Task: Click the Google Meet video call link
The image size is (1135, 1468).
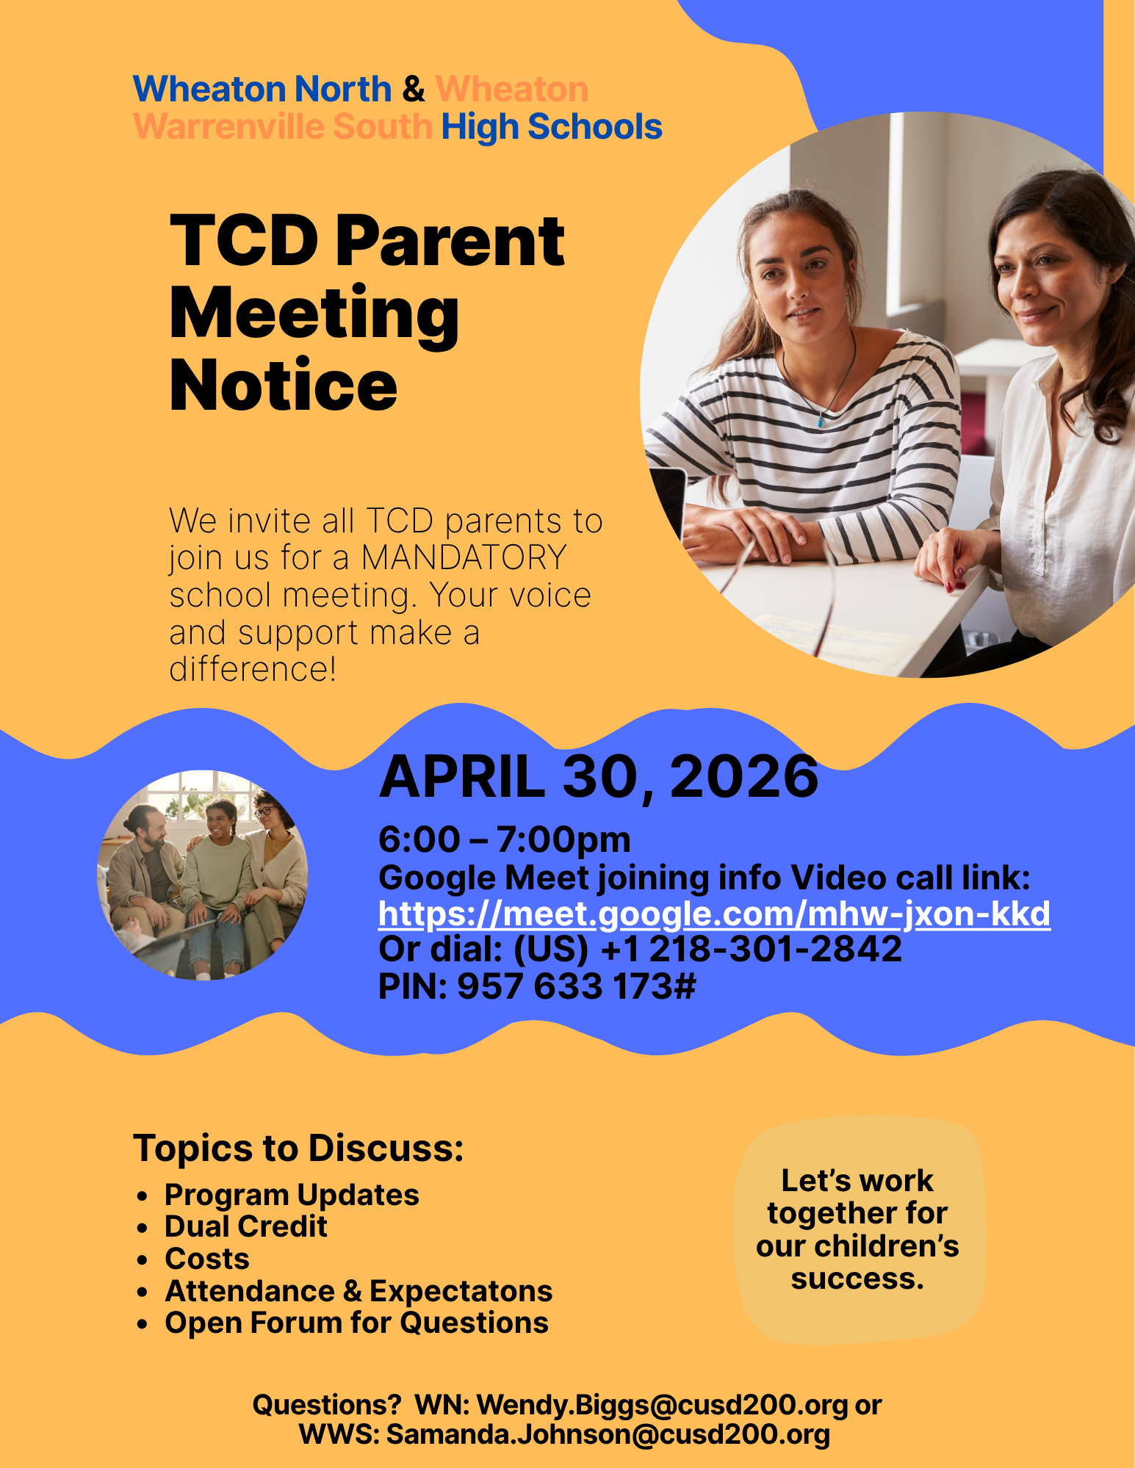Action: (713, 914)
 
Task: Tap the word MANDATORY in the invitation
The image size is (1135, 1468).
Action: (464, 558)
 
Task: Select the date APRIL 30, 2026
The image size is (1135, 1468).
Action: (598, 777)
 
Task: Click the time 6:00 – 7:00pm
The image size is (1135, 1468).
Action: (504, 840)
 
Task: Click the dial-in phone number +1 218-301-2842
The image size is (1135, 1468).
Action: (751, 950)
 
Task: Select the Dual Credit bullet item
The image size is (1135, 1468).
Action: (245, 1227)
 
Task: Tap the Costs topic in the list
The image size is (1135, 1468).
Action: (207, 1259)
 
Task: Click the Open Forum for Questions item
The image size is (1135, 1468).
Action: (356, 1323)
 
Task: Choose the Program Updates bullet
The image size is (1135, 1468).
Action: (292, 1196)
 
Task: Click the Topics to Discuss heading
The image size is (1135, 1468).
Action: (298, 1149)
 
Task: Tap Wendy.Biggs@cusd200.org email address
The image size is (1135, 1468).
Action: (662, 1406)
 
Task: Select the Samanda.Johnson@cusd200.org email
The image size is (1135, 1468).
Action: (608, 1435)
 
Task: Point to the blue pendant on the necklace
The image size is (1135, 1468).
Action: (821, 422)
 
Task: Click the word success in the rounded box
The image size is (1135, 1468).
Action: (857, 1279)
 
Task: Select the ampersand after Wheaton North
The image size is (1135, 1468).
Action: (413, 90)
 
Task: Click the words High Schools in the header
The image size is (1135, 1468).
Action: (551, 127)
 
